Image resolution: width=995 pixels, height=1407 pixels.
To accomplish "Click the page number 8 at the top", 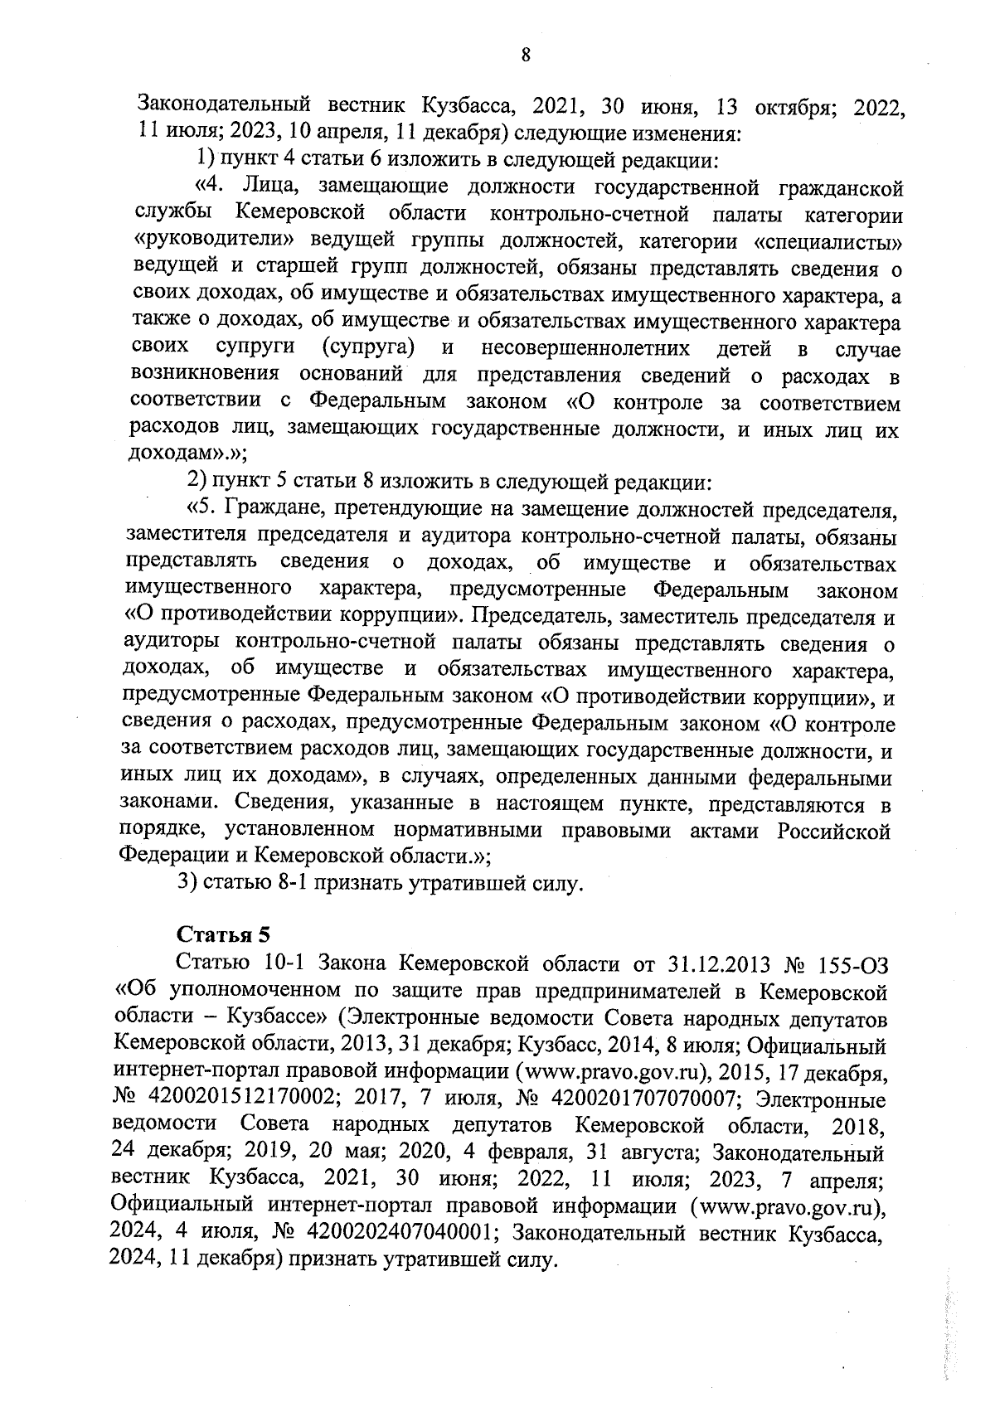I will (525, 56).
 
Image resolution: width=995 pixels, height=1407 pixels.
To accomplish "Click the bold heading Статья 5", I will (225, 935).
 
